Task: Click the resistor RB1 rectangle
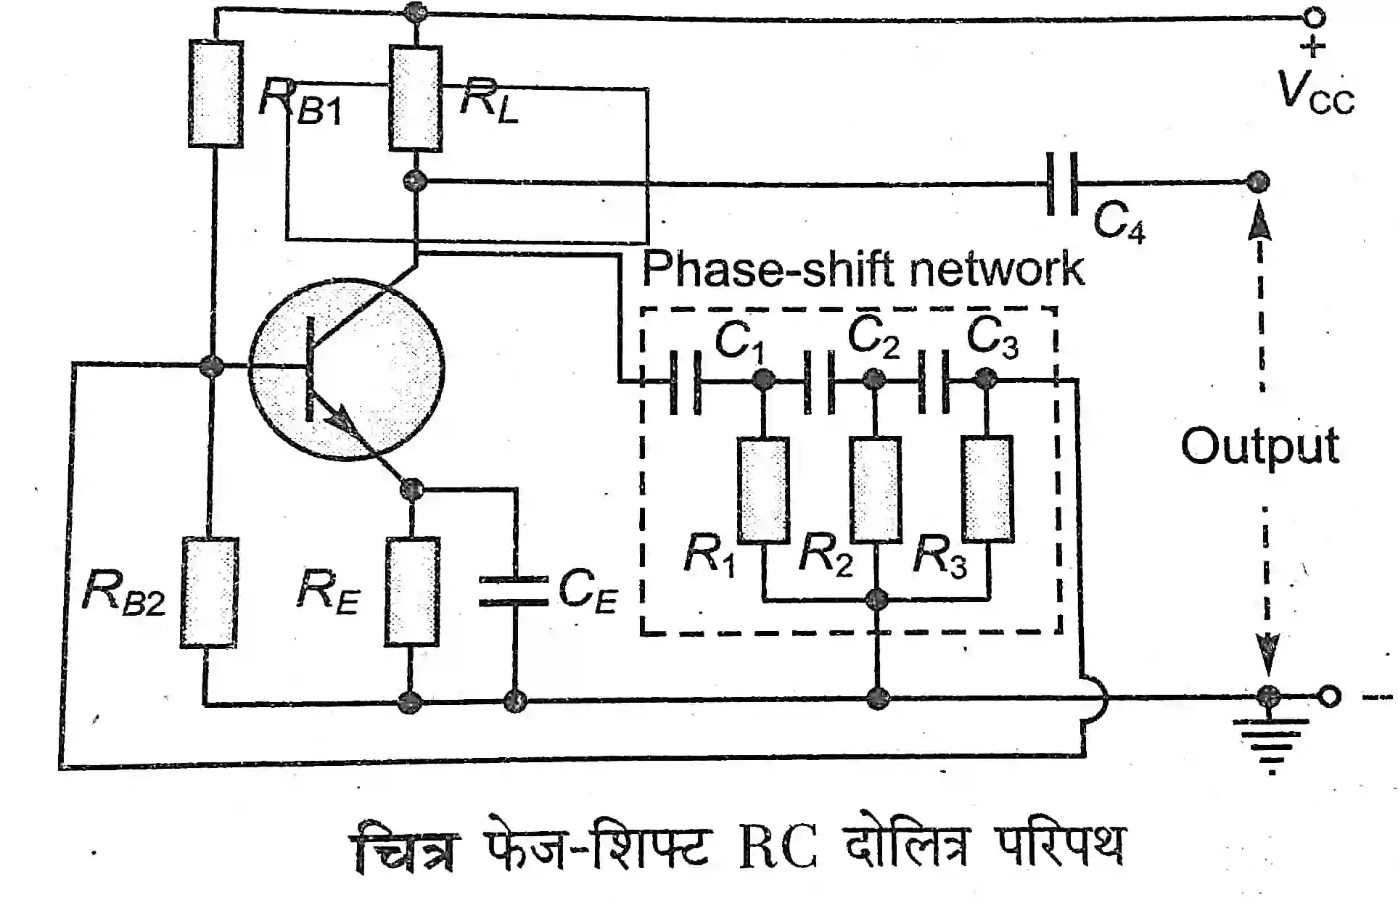215,94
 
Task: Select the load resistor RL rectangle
415,99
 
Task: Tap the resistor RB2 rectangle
209,593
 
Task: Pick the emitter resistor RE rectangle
411,592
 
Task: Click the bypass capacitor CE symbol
514,590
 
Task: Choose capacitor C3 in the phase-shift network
934,380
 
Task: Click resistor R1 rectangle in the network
763,490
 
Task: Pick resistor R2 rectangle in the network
876,490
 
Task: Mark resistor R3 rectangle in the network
987,489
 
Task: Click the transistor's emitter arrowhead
338,418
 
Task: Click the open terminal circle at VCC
1314,16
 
